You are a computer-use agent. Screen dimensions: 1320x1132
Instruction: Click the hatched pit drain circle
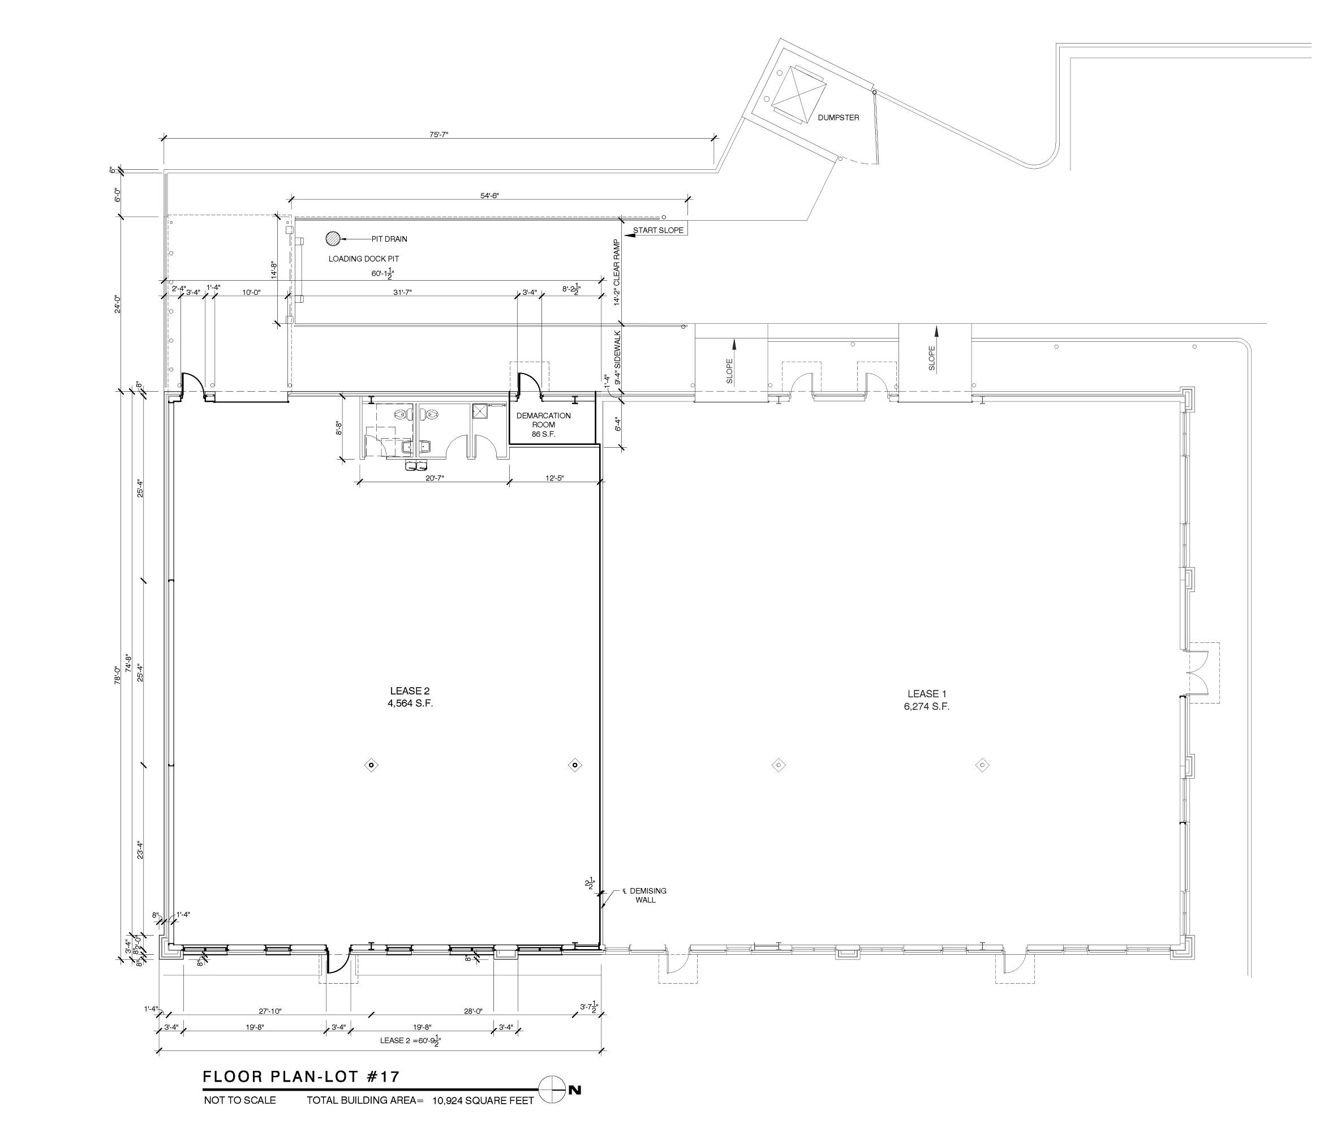(x=333, y=239)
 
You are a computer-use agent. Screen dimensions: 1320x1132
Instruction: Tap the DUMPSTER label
(x=839, y=118)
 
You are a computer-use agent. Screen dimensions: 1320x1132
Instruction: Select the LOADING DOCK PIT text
(x=364, y=259)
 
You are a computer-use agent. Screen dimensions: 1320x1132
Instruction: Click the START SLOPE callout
(x=658, y=230)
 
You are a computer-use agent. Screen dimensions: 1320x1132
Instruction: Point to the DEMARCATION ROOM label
(x=543, y=424)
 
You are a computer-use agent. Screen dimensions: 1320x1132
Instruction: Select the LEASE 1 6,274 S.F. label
(x=926, y=700)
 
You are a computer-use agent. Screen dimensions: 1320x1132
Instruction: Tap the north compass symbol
(x=552, y=1090)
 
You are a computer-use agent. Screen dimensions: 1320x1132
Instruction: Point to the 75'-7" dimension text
(x=439, y=135)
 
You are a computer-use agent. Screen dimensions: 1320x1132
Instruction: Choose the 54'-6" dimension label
(x=489, y=196)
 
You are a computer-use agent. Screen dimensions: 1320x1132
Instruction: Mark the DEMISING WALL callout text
(x=646, y=895)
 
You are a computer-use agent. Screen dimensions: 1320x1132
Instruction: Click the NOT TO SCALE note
(x=239, y=1100)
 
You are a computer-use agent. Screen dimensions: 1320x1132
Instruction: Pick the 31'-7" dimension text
(x=403, y=293)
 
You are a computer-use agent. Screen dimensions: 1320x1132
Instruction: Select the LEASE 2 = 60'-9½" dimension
(x=411, y=1041)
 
